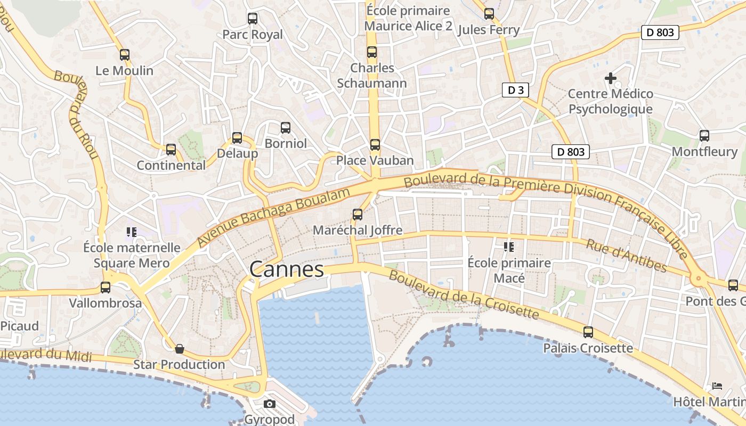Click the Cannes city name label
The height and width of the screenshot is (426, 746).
click(x=287, y=269)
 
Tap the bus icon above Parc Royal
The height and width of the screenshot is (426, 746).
click(x=253, y=19)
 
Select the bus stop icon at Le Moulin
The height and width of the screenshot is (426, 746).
click(x=125, y=55)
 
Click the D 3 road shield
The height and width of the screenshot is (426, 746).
click(x=515, y=90)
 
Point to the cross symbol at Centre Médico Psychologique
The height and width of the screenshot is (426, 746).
click(x=611, y=79)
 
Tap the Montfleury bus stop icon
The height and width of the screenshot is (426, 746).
click(x=704, y=136)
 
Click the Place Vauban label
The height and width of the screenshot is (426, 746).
click(x=375, y=160)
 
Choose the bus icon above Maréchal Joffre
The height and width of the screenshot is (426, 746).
click(x=358, y=215)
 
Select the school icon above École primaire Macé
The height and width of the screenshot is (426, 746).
click(x=509, y=247)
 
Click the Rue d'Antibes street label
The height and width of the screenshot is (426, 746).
click(x=626, y=255)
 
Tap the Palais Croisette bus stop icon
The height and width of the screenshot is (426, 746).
click(x=588, y=332)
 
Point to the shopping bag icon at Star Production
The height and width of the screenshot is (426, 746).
click(x=180, y=349)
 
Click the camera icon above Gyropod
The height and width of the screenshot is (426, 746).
click(x=270, y=404)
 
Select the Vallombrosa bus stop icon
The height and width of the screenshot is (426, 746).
click(x=106, y=288)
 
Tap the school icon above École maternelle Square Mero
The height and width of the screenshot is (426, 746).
click(x=132, y=232)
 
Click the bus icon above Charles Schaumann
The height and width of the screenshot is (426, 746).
click(x=372, y=52)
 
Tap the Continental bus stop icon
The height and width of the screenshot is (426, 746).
click(x=171, y=150)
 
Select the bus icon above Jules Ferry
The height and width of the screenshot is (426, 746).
click(x=489, y=14)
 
